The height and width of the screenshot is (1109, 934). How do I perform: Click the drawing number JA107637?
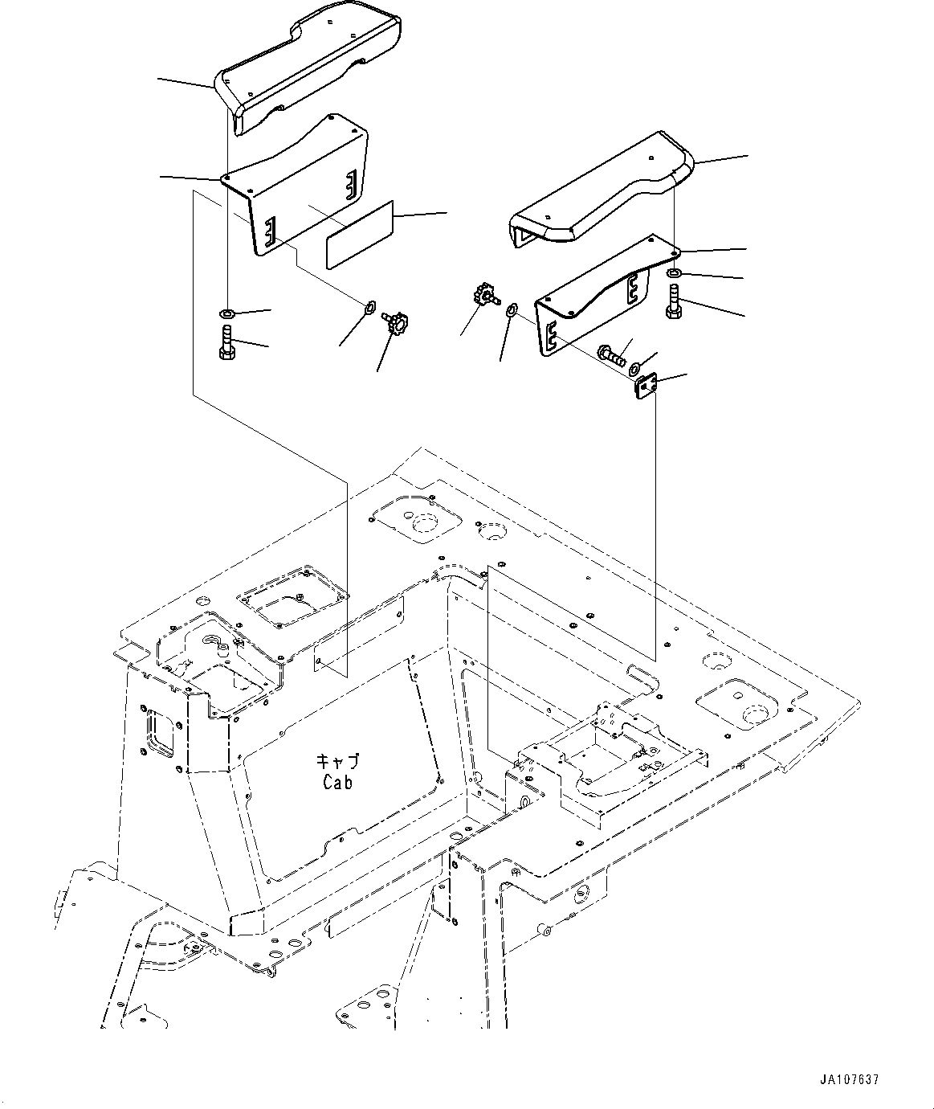(850, 1080)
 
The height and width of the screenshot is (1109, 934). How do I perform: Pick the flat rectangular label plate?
(359, 234)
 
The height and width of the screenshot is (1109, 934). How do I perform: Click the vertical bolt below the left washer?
(226, 341)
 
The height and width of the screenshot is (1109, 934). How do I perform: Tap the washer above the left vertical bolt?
(227, 312)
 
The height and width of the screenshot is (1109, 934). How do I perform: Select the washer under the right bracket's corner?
(674, 276)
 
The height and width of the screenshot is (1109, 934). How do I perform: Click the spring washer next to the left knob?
(371, 305)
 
